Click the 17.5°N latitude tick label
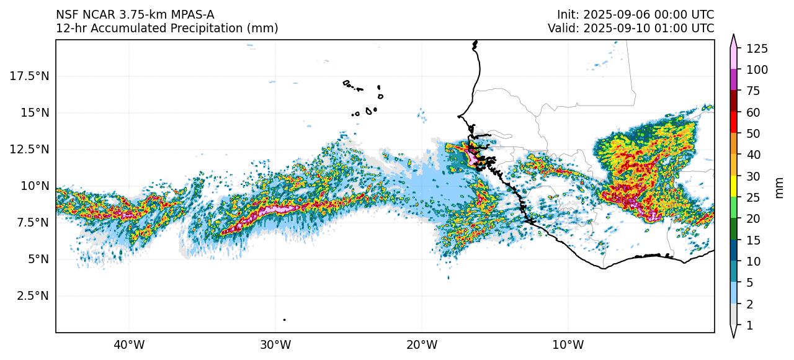coord(29,76)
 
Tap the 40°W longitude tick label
coord(129,344)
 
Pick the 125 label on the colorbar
coord(757,48)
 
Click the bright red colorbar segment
coord(734,122)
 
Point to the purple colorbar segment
coord(734,79)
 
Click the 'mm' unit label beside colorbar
coord(780,186)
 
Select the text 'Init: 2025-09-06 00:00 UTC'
coord(635,14)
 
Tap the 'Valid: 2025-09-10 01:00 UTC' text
coord(631,28)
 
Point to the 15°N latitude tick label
coord(35,112)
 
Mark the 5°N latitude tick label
coord(38,259)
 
